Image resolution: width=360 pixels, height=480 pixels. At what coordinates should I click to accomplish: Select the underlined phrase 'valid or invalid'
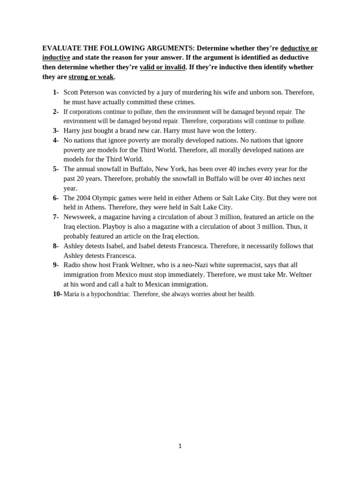[162, 67]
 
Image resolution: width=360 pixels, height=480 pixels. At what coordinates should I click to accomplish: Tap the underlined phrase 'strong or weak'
[91, 77]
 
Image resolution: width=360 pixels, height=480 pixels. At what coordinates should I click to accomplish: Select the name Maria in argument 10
[71, 294]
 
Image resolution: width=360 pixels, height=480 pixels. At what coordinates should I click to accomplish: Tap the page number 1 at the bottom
[180, 446]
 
